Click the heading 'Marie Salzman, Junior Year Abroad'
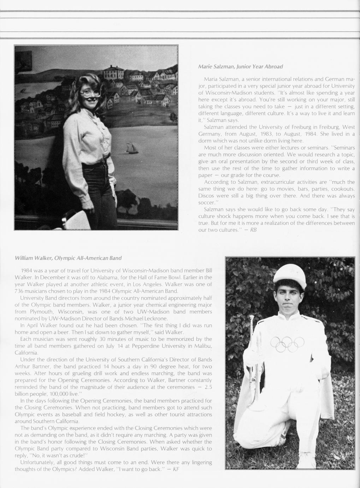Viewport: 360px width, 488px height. click(x=240, y=66)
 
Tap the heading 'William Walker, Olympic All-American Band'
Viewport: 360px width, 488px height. click(x=68, y=257)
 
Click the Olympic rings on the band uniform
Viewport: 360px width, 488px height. click(x=287, y=344)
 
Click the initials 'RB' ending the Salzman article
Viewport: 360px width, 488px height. click(x=253, y=230)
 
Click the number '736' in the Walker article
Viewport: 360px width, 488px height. click(x=20, y=291)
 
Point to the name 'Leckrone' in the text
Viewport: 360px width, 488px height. click(x=156, y=318)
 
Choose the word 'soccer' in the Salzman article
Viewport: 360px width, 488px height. click(x=207, y=203)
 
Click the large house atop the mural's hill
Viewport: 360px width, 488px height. click(x=114, y=73)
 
